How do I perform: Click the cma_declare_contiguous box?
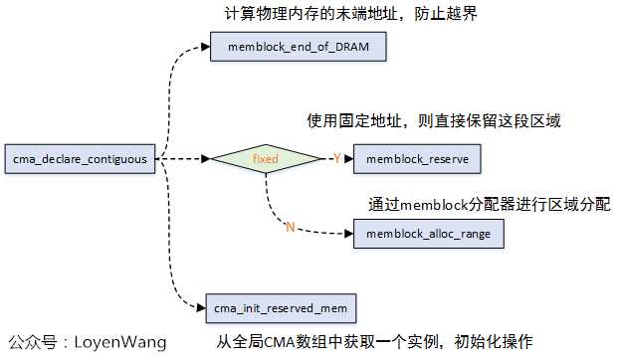click(79, 158)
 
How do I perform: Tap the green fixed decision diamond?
click(266, 158)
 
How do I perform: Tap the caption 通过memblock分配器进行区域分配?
click(489, 202)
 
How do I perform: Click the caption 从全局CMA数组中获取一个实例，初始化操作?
click(376, 339)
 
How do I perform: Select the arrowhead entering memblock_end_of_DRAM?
click(205, 46)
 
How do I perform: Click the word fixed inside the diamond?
click(266, 158)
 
